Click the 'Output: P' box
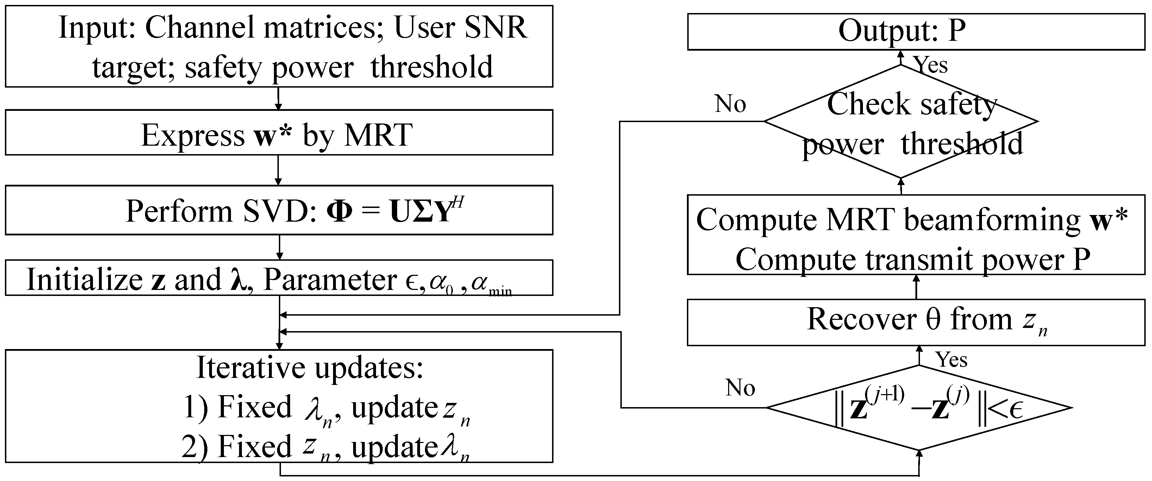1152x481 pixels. [x=915, y=31]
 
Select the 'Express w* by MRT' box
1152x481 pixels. [x=278, y=133]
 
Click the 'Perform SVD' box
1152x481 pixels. [x=278, y=210]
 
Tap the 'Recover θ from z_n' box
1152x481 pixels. [x=915, y=323]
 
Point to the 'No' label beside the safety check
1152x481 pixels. [x=730, y=104]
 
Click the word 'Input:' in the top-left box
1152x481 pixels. [x=96, y=28]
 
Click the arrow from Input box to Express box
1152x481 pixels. [x=278, y=98]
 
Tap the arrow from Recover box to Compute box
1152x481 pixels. [x=916, y=286]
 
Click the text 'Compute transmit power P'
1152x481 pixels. [x=912, y=260]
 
